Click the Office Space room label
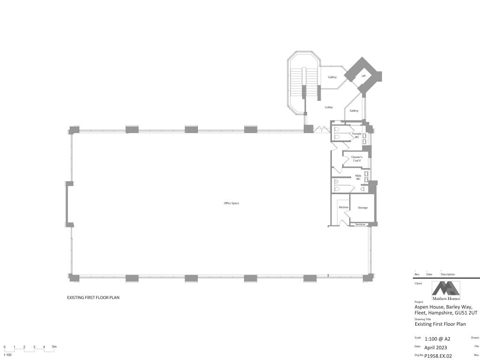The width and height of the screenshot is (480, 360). [x=231, y=203]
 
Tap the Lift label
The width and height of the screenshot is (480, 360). [x=363, y=76]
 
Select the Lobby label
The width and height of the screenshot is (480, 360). [x=329, y=107]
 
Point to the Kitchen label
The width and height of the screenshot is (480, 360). [x=344, y=207]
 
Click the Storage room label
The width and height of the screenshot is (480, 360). [x=363, y=208]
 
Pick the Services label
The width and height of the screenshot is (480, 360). [x=360, y=225]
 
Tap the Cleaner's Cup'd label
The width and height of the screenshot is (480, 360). [x=357, y=159]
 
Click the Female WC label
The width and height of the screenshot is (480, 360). [x=357, y=135]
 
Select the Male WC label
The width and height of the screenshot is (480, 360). [x=358, y=177]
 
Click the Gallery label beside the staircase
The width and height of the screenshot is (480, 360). [x=332, y=77]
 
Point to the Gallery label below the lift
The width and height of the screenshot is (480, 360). [x=354, y=111]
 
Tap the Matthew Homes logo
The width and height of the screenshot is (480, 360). [x=446, y=291]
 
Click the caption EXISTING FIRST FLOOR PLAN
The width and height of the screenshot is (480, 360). [x=93, y=298]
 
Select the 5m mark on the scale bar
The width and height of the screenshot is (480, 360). [x=54, y=347]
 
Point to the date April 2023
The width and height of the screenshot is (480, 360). [x=435, y=347]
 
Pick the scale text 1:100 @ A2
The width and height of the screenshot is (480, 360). [x=437, y=339]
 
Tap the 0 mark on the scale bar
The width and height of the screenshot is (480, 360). [x=5, y=347]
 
